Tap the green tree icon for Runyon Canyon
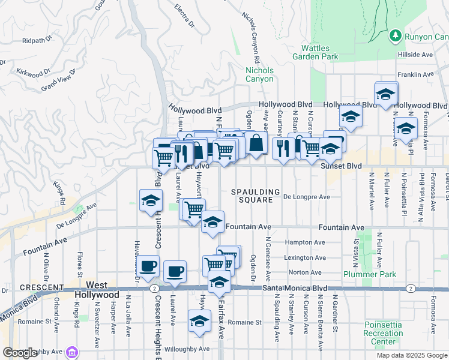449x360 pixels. tap(396, 37)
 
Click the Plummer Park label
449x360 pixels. tap(362, 274)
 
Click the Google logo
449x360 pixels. tap(20, 353)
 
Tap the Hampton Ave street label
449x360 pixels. tap(306, 243)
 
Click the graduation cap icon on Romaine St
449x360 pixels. tap(199, 322)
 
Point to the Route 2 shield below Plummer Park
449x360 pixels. tap(410, 289)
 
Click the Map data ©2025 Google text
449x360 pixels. tap(412, 355)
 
